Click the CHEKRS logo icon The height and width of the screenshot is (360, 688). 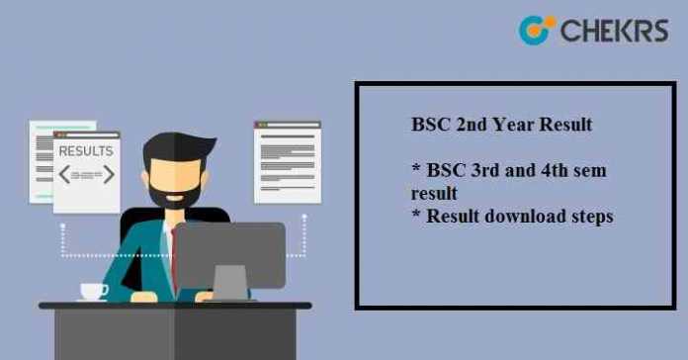(535, 30)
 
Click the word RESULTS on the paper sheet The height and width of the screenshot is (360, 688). (86, 151)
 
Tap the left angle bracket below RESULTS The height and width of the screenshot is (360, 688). (64, 175)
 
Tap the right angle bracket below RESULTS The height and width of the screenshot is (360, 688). (108, 175)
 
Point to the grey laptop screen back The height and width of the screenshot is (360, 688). (229, 256)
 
